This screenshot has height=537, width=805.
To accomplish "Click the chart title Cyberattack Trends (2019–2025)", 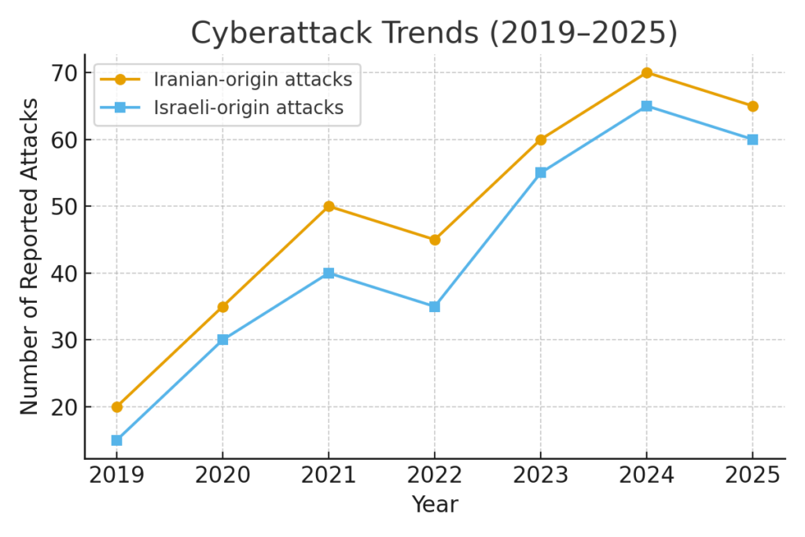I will tap(434, 33).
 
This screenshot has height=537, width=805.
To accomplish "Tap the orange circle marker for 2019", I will tap(116, 406).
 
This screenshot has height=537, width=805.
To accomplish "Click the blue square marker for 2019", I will tap(116, 440).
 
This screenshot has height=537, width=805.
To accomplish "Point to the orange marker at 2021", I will tap(329, 206).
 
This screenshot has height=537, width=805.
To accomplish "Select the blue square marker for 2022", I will tap(435, 307).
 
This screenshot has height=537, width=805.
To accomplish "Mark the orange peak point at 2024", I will tap(646, 72).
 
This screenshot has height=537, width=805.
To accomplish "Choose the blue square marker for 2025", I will tap(752, 139).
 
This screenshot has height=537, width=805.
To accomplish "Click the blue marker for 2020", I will tap(222, 340).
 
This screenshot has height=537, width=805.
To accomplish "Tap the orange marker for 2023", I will tap(541, 139).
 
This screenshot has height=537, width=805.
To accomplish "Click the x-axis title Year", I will tap(435, 504).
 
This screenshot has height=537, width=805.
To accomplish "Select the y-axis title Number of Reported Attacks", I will tap(29, 256).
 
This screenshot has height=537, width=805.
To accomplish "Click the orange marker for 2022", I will tap(435, 240).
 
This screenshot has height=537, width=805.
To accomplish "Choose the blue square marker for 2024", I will tap(646, 105).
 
